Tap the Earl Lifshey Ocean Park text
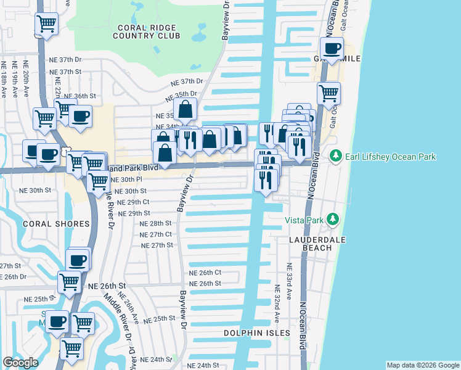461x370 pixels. [x=391, y=157]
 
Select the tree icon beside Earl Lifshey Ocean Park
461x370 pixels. [x=335, y=156]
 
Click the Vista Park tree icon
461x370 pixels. [x=333, y=219]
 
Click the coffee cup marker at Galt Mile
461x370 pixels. [x=332, y=48]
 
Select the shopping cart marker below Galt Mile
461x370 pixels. [x=328, y=94]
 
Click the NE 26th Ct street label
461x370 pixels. [x=205, y=273]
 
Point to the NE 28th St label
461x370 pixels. [x=155, y=223]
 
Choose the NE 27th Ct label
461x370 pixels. [x=156, y=234]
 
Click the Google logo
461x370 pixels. [x=20, y=363]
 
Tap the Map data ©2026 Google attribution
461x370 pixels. [x=423, y=365]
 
